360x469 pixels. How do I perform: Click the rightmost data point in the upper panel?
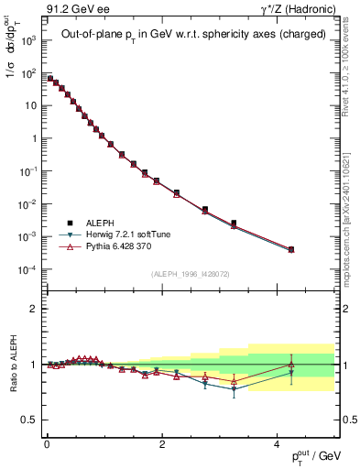coord(291,249)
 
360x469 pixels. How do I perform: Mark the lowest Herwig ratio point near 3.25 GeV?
coord(234,389)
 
